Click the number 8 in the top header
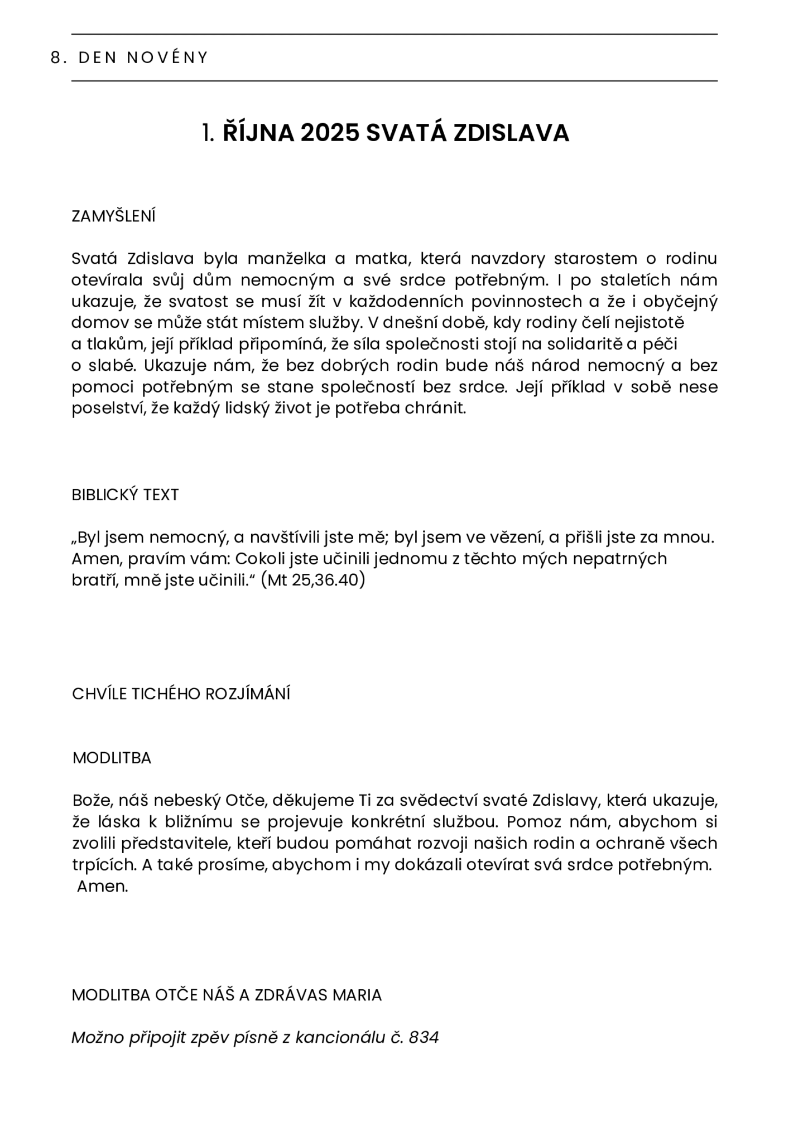click(55, 58)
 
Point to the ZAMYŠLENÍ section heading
click(113, 216)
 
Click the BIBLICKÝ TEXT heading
click(125, 495)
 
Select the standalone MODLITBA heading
click(112, 758)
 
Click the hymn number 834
click(424, 1038)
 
